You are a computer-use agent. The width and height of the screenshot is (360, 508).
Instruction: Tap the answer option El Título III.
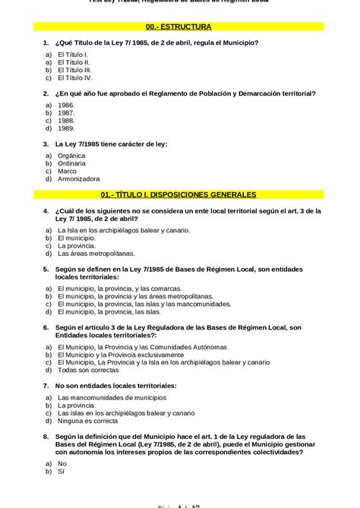point(74,70)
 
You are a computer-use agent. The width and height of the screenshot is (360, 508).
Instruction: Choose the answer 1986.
point(66,105)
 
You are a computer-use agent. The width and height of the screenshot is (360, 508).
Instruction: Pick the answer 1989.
point(66,128)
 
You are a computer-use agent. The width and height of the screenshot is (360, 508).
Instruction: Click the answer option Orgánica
point(71,155)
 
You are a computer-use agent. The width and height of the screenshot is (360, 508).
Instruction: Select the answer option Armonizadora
point(78,179)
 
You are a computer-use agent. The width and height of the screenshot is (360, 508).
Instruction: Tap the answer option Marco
point(67,171)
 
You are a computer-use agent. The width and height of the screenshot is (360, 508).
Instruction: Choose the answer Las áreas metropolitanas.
point(96,254)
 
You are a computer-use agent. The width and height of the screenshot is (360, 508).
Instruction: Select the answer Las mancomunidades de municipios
point(112,397)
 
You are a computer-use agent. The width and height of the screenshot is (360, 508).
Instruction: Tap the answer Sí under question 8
point(62,472)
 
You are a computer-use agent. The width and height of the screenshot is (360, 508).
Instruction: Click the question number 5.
point(46,269)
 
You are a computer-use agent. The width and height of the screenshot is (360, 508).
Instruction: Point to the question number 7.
point(46,386)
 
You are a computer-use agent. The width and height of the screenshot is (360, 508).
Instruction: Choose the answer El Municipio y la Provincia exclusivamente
point(120,355)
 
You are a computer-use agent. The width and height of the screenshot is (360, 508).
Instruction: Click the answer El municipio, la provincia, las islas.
point(109,311)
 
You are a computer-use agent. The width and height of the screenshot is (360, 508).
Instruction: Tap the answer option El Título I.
point(72,55)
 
